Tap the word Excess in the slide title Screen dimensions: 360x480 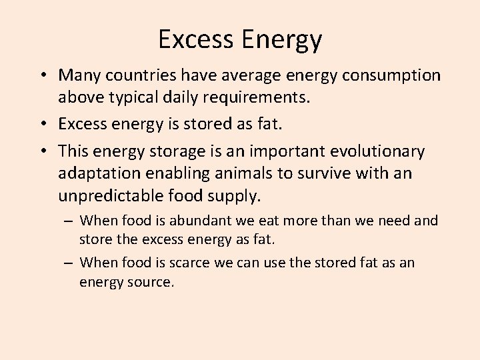[196, 39]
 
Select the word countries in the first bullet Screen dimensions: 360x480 [138, 75]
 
